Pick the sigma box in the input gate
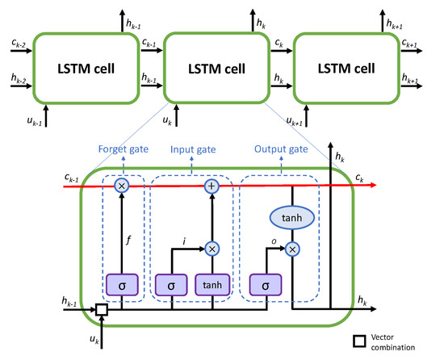pos(170,287)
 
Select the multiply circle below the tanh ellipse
pos(291,250)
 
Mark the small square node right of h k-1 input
pos(79,308)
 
